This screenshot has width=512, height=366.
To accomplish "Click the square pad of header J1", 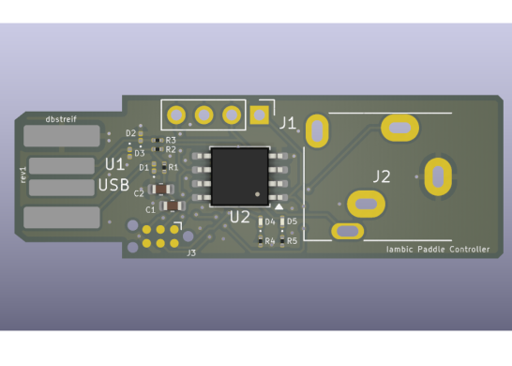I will [260, 115].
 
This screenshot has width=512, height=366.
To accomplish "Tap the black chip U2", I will [240, 175].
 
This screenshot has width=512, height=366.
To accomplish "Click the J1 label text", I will [287, 123].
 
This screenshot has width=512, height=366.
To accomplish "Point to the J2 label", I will [382, 175].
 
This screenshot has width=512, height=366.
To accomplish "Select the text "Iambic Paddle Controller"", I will [438, 249].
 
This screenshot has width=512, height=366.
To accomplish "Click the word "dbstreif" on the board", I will [61, 119].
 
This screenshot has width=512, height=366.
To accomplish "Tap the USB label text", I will [114, 185].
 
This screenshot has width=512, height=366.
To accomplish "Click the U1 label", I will [114, 164].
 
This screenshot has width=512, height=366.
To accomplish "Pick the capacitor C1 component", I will [171, 206].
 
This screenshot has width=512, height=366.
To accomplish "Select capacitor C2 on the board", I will [161, 189].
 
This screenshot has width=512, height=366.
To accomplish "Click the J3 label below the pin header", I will [191, 252].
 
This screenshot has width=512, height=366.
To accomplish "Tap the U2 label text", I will [240, 217].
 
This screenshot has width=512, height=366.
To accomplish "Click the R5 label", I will [293, 241].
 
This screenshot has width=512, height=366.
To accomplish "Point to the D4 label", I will [269, 222].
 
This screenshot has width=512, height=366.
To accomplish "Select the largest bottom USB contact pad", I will [62, 218].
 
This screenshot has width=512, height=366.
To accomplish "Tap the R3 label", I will [171, 141].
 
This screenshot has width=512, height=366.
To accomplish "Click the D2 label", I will [130, 133].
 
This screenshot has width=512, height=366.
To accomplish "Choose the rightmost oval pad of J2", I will [437, 175].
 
